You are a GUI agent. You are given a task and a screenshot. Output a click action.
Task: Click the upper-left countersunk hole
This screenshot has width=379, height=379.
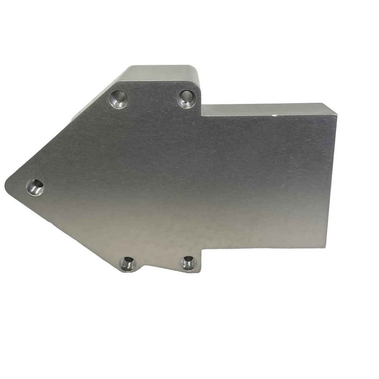coord(118,99)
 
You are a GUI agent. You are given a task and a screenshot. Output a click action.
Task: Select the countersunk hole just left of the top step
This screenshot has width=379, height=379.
coord(186,99)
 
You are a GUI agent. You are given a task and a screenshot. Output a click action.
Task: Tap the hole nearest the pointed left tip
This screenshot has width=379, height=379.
coord(35,187)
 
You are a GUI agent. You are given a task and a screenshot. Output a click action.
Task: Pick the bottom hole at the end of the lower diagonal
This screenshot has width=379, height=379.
coord(128,264)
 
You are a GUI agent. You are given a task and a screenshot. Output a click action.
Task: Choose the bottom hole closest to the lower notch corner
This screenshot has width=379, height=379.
coord(188,263)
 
